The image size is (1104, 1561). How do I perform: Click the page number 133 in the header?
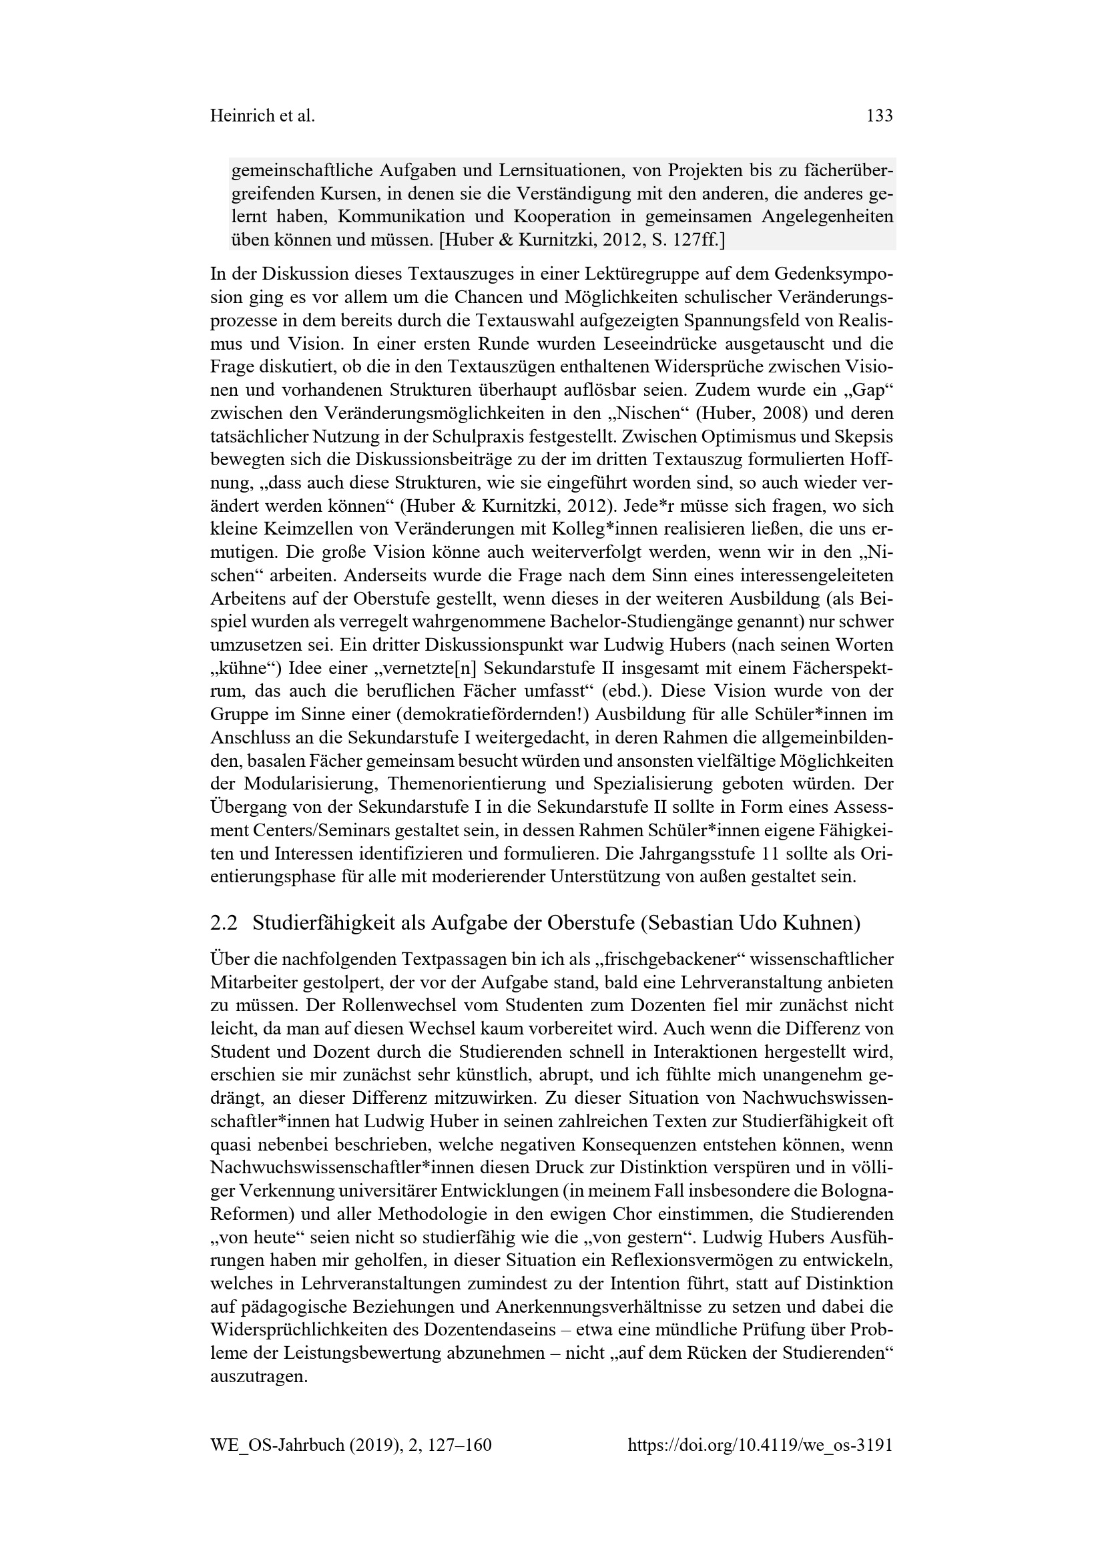880,116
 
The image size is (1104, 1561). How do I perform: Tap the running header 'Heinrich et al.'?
262,116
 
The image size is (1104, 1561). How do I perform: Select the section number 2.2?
224,922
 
